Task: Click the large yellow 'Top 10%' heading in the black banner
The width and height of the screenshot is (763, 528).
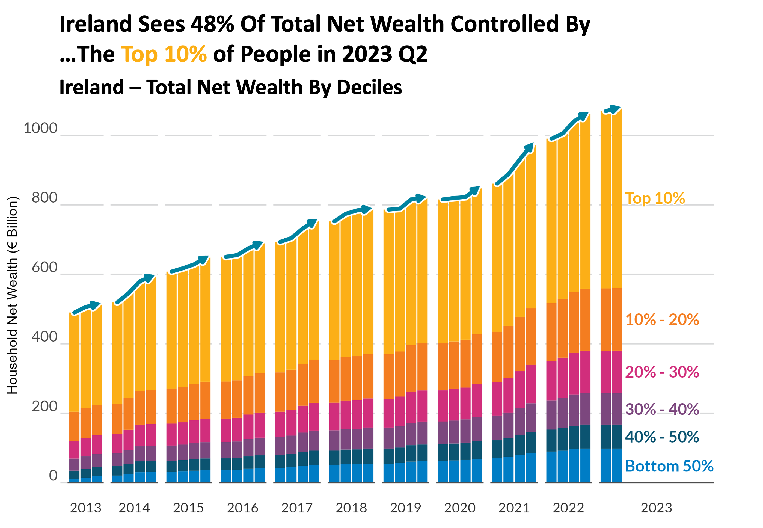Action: click(x=164, y=54)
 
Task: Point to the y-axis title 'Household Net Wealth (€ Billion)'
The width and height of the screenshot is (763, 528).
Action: click(x=13, y=295)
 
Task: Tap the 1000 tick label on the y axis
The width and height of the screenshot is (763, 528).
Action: click(x=40, y=128)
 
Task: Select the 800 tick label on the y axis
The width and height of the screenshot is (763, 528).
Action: click(x=44, y=198)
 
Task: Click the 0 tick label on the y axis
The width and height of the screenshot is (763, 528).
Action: click(x=53, y=476)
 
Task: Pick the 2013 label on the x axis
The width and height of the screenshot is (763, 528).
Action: click(x=85, y=508)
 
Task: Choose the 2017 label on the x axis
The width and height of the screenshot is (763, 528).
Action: click(x=297, y=508)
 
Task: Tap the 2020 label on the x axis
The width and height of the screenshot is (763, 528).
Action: click(x=459, y=508)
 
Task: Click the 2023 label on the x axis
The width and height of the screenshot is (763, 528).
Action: click(x=656, y=508)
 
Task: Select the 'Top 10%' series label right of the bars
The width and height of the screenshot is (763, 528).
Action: click(x=655, y=198)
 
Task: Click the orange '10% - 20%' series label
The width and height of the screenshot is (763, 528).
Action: click(x=662, y=320)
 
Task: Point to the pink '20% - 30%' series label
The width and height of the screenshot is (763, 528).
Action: click(x=662, y=372)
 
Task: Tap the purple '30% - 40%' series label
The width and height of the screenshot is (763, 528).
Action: click(x=662, y=409)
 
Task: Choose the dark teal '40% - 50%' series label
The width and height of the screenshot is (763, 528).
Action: click(x=662, y=437)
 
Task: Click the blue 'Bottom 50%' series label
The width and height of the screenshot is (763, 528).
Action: click(x=669, y=466)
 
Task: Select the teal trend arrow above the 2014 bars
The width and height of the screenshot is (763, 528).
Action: click(x=135, y=289)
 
